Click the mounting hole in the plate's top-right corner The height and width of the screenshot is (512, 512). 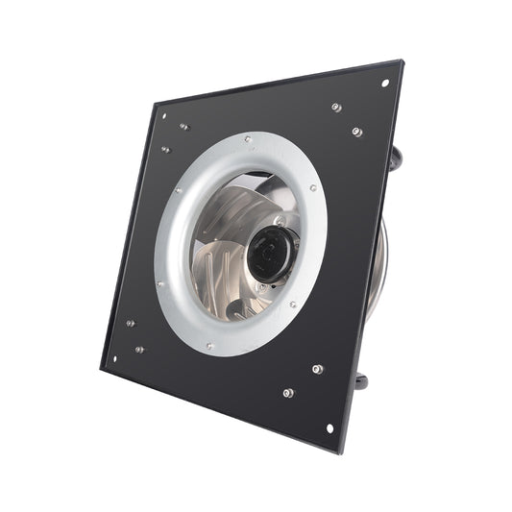[x=385, y=83]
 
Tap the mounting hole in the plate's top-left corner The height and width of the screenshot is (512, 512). [x=162, y=116]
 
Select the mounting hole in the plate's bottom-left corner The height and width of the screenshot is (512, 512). [x=115, y=359]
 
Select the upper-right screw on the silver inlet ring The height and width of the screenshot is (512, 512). [x=313, y=188]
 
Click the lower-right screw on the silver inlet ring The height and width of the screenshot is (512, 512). [x=293, y=305]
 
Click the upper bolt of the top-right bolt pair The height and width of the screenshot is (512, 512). [x=336, y=107]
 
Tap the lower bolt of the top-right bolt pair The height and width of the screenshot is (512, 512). [x=356, y=131]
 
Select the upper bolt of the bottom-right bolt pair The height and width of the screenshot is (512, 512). [x=317, y=368]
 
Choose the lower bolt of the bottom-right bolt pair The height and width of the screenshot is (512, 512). [x=287, y=392]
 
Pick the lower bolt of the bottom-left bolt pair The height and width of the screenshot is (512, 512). [x=139, y=349]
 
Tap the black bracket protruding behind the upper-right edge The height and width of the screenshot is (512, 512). [x=397, y=163]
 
